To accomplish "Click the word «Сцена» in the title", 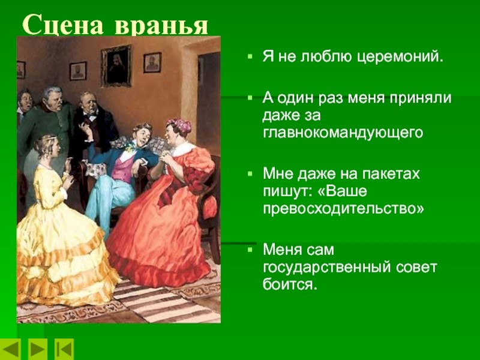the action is coord(63,25).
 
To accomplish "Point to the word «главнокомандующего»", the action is coord(343,133).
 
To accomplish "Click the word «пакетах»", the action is coord(391,174).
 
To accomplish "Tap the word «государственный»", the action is coord(326,268).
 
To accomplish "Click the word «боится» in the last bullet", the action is coord(289,284).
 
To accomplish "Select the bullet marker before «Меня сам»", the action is coord(250,250).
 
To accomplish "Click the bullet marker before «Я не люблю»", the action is coord(250,56).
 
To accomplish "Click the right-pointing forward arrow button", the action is coord(38,349).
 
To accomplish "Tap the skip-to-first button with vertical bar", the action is coord(64,349).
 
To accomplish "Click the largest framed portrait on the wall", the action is coord(116,66).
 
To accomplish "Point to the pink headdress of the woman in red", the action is coord(179,125).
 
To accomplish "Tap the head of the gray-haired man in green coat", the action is coord(53,98).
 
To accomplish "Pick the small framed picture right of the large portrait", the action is coord(152,63).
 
